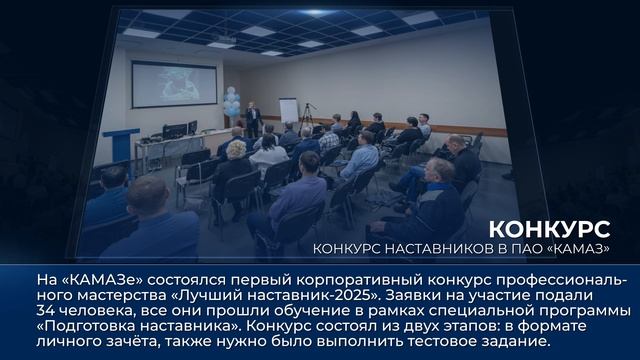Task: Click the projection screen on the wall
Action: coord(173,84)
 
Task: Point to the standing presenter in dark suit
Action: coord(254,119)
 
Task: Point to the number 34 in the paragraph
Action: coord(46,297)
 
